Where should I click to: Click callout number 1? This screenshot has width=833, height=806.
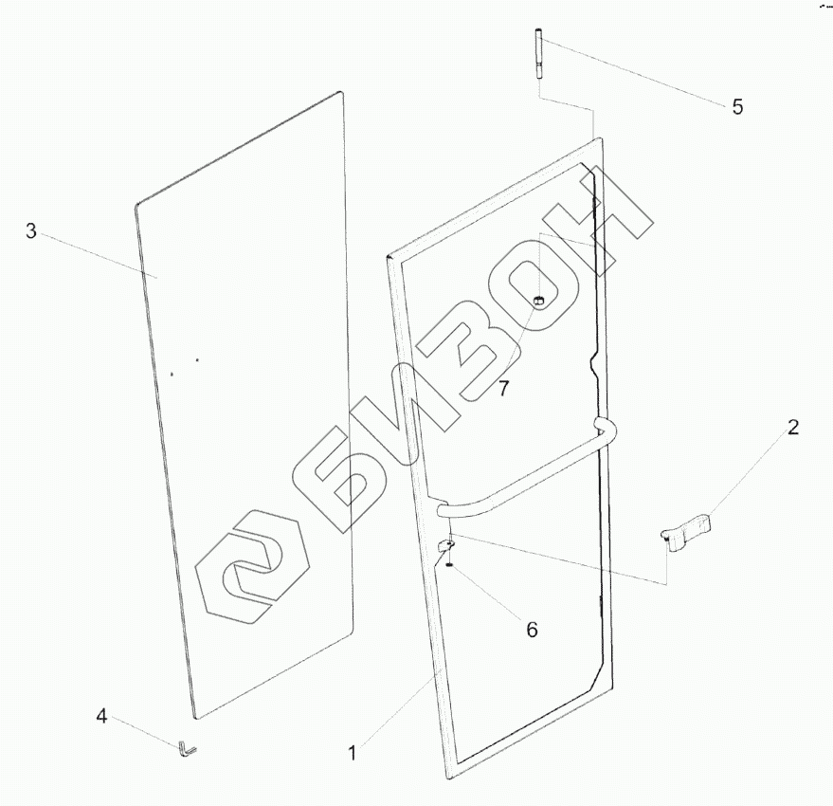click(x=353, y=754)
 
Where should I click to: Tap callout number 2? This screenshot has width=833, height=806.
click(x=792, y=428)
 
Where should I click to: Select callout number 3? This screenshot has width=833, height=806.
click(x=31, y=231)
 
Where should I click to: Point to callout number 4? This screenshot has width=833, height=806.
click(x=102, y=716)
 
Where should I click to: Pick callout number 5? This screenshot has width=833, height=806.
click(x=737, y=106)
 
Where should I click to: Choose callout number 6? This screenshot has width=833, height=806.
click(x=532, y=630)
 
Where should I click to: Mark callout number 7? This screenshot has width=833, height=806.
click(x=504, y=388)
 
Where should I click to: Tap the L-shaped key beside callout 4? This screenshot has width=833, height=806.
click(x=185, y=750)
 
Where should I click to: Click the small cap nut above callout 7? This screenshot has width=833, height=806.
click(x=538, y=302)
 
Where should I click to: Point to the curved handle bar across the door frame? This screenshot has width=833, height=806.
click(x=531, y=474)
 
